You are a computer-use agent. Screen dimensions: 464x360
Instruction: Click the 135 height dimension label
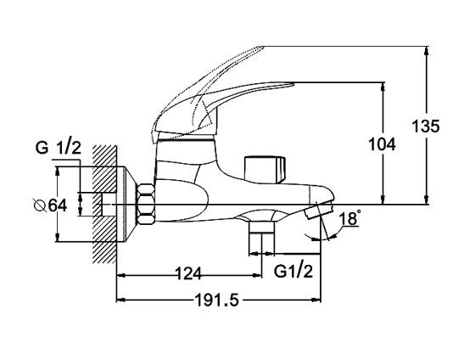pos(426,127)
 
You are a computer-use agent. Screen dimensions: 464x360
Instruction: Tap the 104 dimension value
pos(382,144)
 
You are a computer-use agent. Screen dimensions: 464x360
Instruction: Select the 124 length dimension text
pos(188,273)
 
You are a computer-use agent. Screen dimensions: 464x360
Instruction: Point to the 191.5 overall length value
pos(216,301)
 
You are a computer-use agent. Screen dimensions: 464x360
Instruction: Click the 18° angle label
pos(350,218)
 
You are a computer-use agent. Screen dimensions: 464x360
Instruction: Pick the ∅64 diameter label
pos(51,205)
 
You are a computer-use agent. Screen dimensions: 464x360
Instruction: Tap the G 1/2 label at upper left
pos(59,147)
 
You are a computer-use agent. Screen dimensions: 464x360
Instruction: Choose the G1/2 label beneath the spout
pos(293,271)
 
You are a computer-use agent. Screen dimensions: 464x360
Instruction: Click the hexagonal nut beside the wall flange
pos(145,205)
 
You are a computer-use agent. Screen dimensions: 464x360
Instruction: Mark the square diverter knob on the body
pos(265,169)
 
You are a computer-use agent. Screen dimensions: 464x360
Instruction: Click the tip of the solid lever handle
pos(293,84)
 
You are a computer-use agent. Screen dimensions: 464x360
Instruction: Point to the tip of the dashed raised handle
pos(263,47)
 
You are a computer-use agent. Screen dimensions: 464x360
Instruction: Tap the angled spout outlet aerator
pos(319,210)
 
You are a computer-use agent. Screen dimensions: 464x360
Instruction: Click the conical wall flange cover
pos(126,205)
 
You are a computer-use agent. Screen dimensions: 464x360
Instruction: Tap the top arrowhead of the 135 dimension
pos(426,50)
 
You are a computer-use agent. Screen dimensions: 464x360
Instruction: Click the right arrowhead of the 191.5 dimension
pos(316,301)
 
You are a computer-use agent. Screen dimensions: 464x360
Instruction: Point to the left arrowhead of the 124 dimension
pos(121,276)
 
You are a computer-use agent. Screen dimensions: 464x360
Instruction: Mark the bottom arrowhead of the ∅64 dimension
pos(58,239)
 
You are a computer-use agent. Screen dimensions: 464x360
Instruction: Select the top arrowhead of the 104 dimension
pos(383,87)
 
